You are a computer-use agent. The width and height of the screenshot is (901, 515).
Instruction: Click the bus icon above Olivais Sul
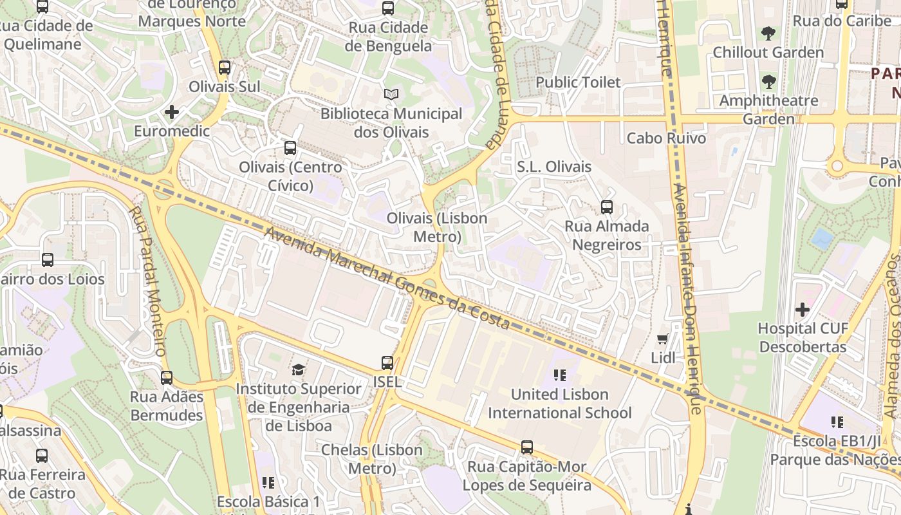click(x=224, y=68)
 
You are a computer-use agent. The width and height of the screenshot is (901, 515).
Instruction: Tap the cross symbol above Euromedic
click(x=171, y=113)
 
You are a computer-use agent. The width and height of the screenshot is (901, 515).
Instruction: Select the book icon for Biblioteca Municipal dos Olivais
click(x=391, y=95)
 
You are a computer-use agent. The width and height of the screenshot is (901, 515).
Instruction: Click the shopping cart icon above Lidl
click(x=663, y=339)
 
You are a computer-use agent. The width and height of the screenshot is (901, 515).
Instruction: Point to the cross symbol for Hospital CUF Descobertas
click(x=802, y=310)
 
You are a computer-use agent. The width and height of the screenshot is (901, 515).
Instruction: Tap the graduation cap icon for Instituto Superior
click(x=298, y=370)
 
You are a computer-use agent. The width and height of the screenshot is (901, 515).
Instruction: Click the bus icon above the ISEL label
click(x=387, y=363)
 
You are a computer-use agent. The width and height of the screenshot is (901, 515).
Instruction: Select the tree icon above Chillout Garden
click(x=768, y=33)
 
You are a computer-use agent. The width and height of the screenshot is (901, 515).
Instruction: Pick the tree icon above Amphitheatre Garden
click(x=768, y=82)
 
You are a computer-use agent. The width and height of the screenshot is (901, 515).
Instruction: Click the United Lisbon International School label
click(x=560, y=404)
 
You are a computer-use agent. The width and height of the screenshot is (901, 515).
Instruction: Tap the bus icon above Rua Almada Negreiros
click(x=606, y=207)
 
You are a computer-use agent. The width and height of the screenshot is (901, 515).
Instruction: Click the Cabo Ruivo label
click(x=666, y=138)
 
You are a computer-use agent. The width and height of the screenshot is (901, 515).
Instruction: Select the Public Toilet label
click(x=578, y=82)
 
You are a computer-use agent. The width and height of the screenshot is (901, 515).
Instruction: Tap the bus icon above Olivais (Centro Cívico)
click(x=290, y=148)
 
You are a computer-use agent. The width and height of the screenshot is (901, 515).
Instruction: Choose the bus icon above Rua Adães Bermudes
click(x=167, y=378)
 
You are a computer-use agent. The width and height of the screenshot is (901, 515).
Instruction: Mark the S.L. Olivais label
click(x=554, y=167)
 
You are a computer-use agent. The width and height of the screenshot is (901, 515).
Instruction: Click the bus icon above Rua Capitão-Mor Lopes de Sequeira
click(x=527, y=447)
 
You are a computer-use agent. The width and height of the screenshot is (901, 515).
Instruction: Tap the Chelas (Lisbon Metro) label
click(x=371, y=459)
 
